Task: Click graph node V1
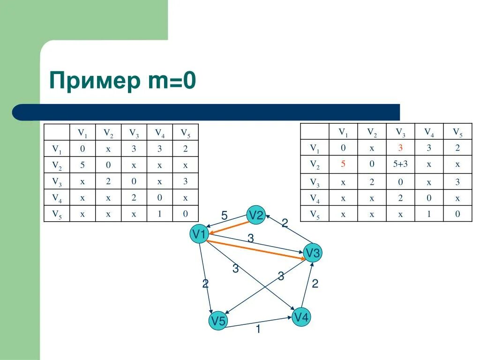click(199, 234)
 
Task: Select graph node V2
click(256, 215)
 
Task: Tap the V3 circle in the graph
click(313, 253)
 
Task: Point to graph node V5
click(218, 321)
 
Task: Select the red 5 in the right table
click(343, 164)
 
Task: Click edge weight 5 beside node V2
click(224, 216)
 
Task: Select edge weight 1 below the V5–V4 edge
click(258, 330)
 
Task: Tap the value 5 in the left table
click(82, 165)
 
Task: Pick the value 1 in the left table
click(159, 214)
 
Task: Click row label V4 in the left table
click(57, 198)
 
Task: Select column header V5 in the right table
click(457, 132)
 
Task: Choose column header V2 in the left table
click(108, 133)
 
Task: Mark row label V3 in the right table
click(315, 182)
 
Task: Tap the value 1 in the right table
click(429, 214)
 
